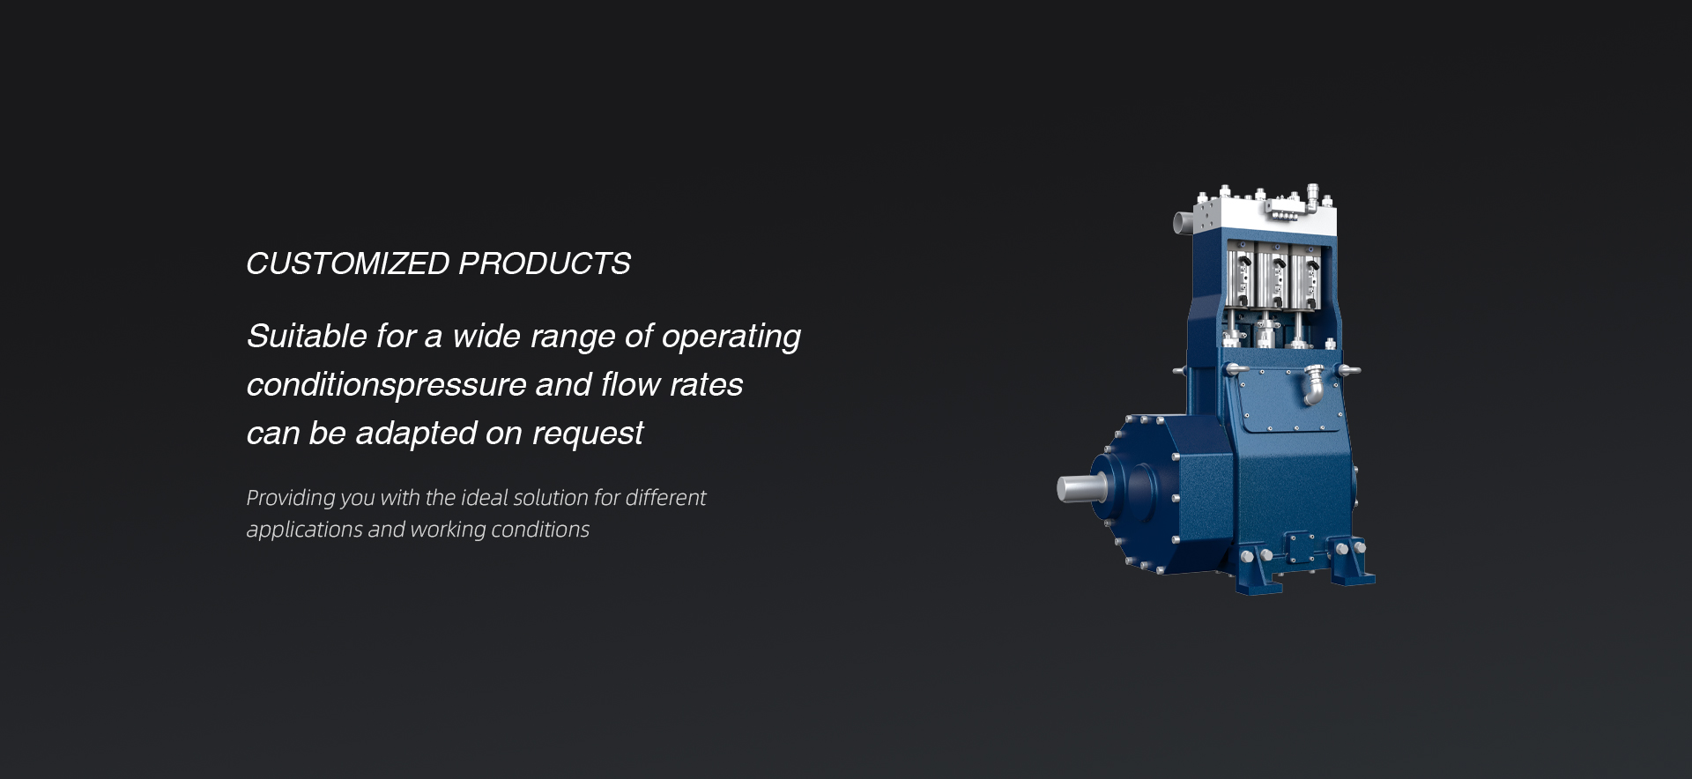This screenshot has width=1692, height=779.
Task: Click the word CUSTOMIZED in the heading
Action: pyautogui.click(x=348, y=263)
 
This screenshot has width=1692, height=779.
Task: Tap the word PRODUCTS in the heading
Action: pyautogui.click(x=545, y=263)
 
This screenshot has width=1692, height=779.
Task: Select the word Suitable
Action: pyautogui.click(x=307, y=336)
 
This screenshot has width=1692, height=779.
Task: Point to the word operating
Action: pyautogui.click(x=731, y=338)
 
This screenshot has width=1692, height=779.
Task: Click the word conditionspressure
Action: pyautogui.click(x=387, y=386)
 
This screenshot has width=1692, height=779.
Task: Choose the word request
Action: pyautogui.click(x=588, y=434)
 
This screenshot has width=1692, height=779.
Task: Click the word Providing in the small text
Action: pyautogui.click(x=291, y=499)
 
